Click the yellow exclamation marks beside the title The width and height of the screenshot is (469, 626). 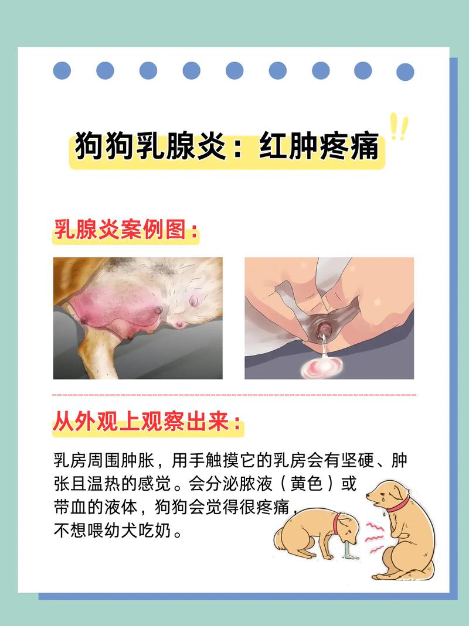[x=399, y=126]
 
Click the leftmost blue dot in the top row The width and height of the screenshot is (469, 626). [x=62, y=71]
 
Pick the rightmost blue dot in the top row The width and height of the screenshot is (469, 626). [x=405, y=72]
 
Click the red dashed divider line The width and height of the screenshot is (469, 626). [x=235, y=395]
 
